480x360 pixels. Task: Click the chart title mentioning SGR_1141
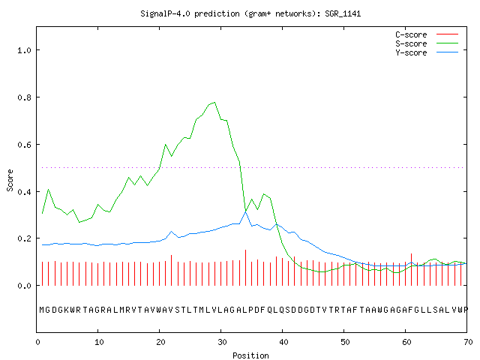tap(250, 13)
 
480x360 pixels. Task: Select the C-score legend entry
tap(427, 34)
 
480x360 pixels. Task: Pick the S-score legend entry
tap(427, 43)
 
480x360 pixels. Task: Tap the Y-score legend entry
tap(427, 52)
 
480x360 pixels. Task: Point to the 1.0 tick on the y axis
tap(25, 50)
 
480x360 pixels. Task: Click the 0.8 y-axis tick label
tap(25, 97)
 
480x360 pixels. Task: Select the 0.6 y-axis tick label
tap(25, 145)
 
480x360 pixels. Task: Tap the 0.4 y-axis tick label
tap(25, 192)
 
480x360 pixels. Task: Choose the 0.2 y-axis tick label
tap(25, 238)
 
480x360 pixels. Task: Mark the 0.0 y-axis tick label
tap(25, 286)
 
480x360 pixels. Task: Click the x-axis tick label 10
tap(99, 342)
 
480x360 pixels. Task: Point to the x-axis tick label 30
tap(222, 342)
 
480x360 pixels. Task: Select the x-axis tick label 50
tap(345, 342)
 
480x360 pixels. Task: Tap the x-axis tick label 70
tap(468, 342)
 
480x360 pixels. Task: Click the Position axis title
tap(250, 355)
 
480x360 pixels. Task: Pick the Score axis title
tap(10, 180)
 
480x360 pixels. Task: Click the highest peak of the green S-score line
tap(214, 102)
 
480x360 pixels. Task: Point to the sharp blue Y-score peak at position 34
tap(245, 211)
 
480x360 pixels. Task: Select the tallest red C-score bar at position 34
tap(245, 268)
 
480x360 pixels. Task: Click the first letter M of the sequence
tap(42, 310)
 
